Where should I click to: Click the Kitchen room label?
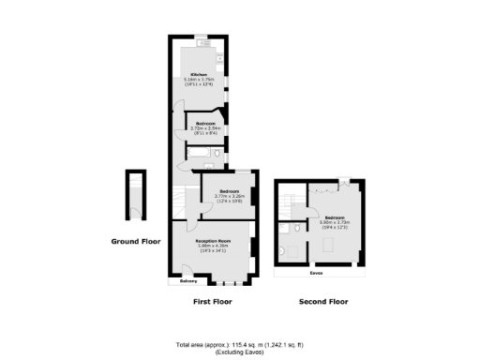(199, 74)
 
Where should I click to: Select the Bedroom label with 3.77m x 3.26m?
(228, 191)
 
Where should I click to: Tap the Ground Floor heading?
(136, 242)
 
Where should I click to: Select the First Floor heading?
(211, 302)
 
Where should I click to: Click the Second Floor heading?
(322, 302)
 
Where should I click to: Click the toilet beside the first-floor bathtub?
(218, 152)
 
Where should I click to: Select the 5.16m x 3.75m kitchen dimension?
(199, 80)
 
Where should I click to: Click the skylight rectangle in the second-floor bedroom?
(330, 246)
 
